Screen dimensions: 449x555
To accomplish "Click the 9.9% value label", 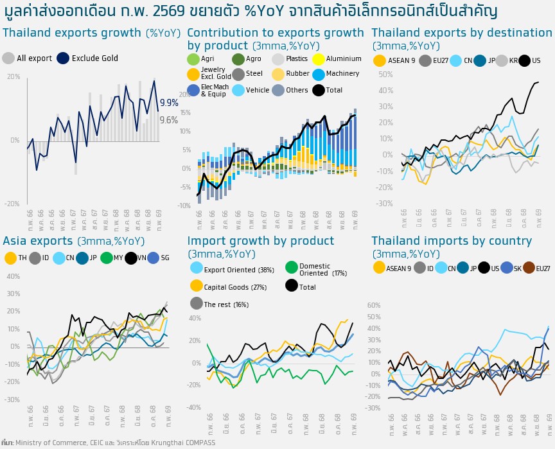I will coord(169,103).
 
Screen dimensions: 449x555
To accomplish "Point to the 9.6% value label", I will coord(169,120).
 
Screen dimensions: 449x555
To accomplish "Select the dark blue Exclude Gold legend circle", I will coord(63,58).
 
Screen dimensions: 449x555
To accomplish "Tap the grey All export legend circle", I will coord(8,58).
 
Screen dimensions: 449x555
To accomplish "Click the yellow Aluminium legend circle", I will coord(318,59).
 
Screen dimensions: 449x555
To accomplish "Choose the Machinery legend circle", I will coord(318,75).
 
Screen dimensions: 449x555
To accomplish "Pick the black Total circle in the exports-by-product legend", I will coord(318,91).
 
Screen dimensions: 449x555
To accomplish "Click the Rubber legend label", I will coord(297,75).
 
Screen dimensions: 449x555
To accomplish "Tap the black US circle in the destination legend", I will coord(524,61).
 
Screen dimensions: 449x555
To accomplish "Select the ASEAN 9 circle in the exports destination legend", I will coord(380,61).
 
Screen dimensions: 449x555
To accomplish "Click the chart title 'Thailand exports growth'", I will coord(72,33).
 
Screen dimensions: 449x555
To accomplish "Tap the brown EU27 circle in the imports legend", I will coord(529,268).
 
